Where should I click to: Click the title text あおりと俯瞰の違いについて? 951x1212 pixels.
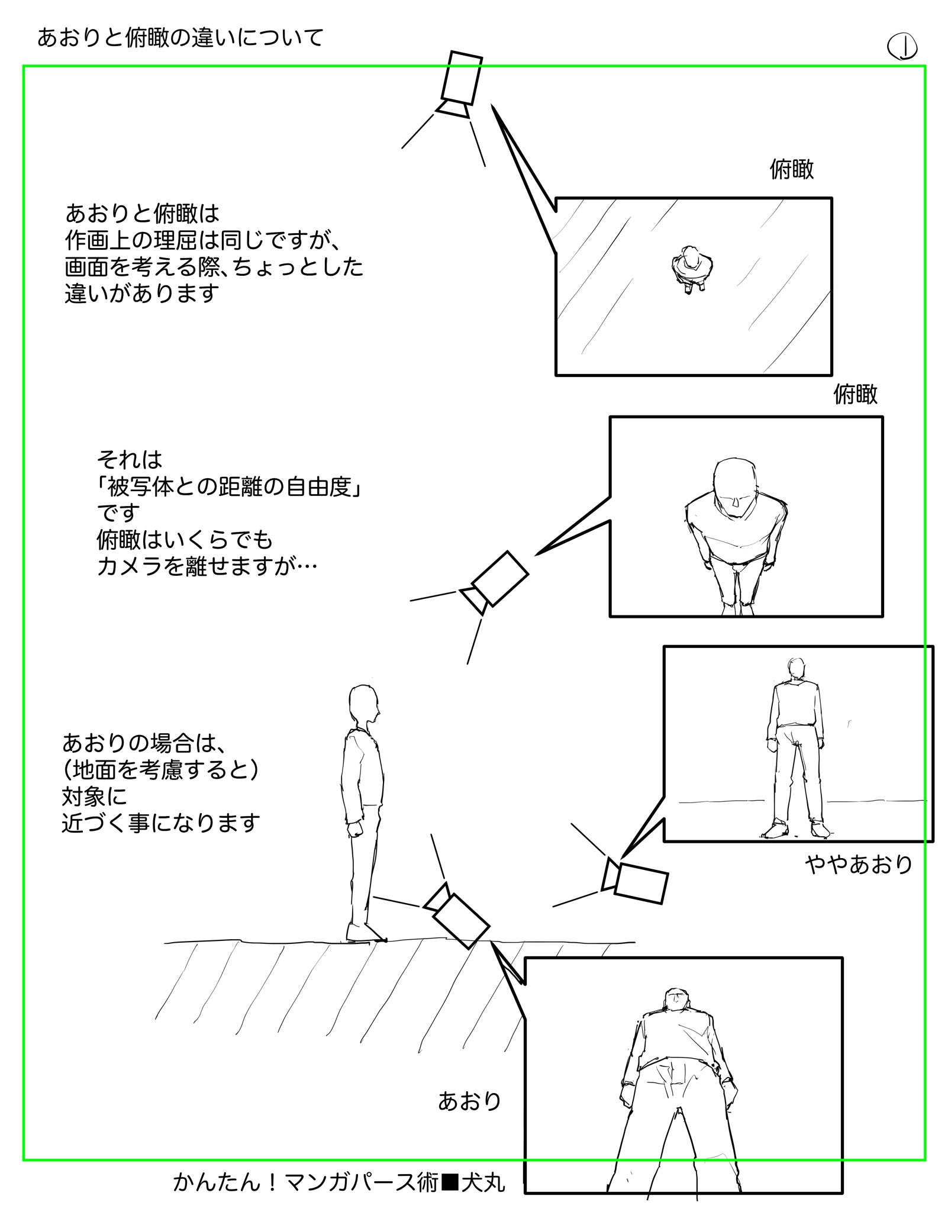tap(180, 38)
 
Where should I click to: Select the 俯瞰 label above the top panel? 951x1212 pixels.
tap(791, 170)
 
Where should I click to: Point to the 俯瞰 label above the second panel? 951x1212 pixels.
tap(855, 394)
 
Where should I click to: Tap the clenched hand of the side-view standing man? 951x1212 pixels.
tap(355, 829)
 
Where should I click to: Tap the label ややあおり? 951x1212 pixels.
tap(858, 865)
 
